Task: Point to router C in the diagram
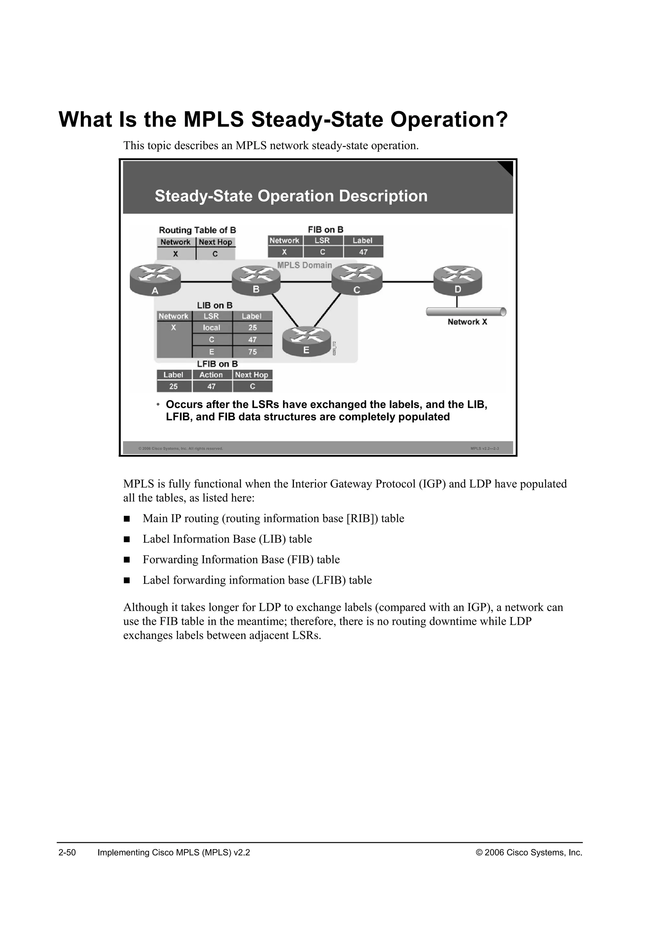point(357,280)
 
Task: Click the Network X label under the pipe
point(467,322)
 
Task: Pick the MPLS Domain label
point(305,265)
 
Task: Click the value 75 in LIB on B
point(252,352)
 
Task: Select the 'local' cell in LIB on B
point(211,328)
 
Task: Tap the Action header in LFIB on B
point(211,375)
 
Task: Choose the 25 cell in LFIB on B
point(174,386)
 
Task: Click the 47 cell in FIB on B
point(363,252)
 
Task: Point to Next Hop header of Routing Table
point(215,242)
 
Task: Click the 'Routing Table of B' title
point(197,230)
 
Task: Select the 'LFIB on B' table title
point(217,364)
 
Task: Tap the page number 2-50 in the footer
point(67,853)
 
